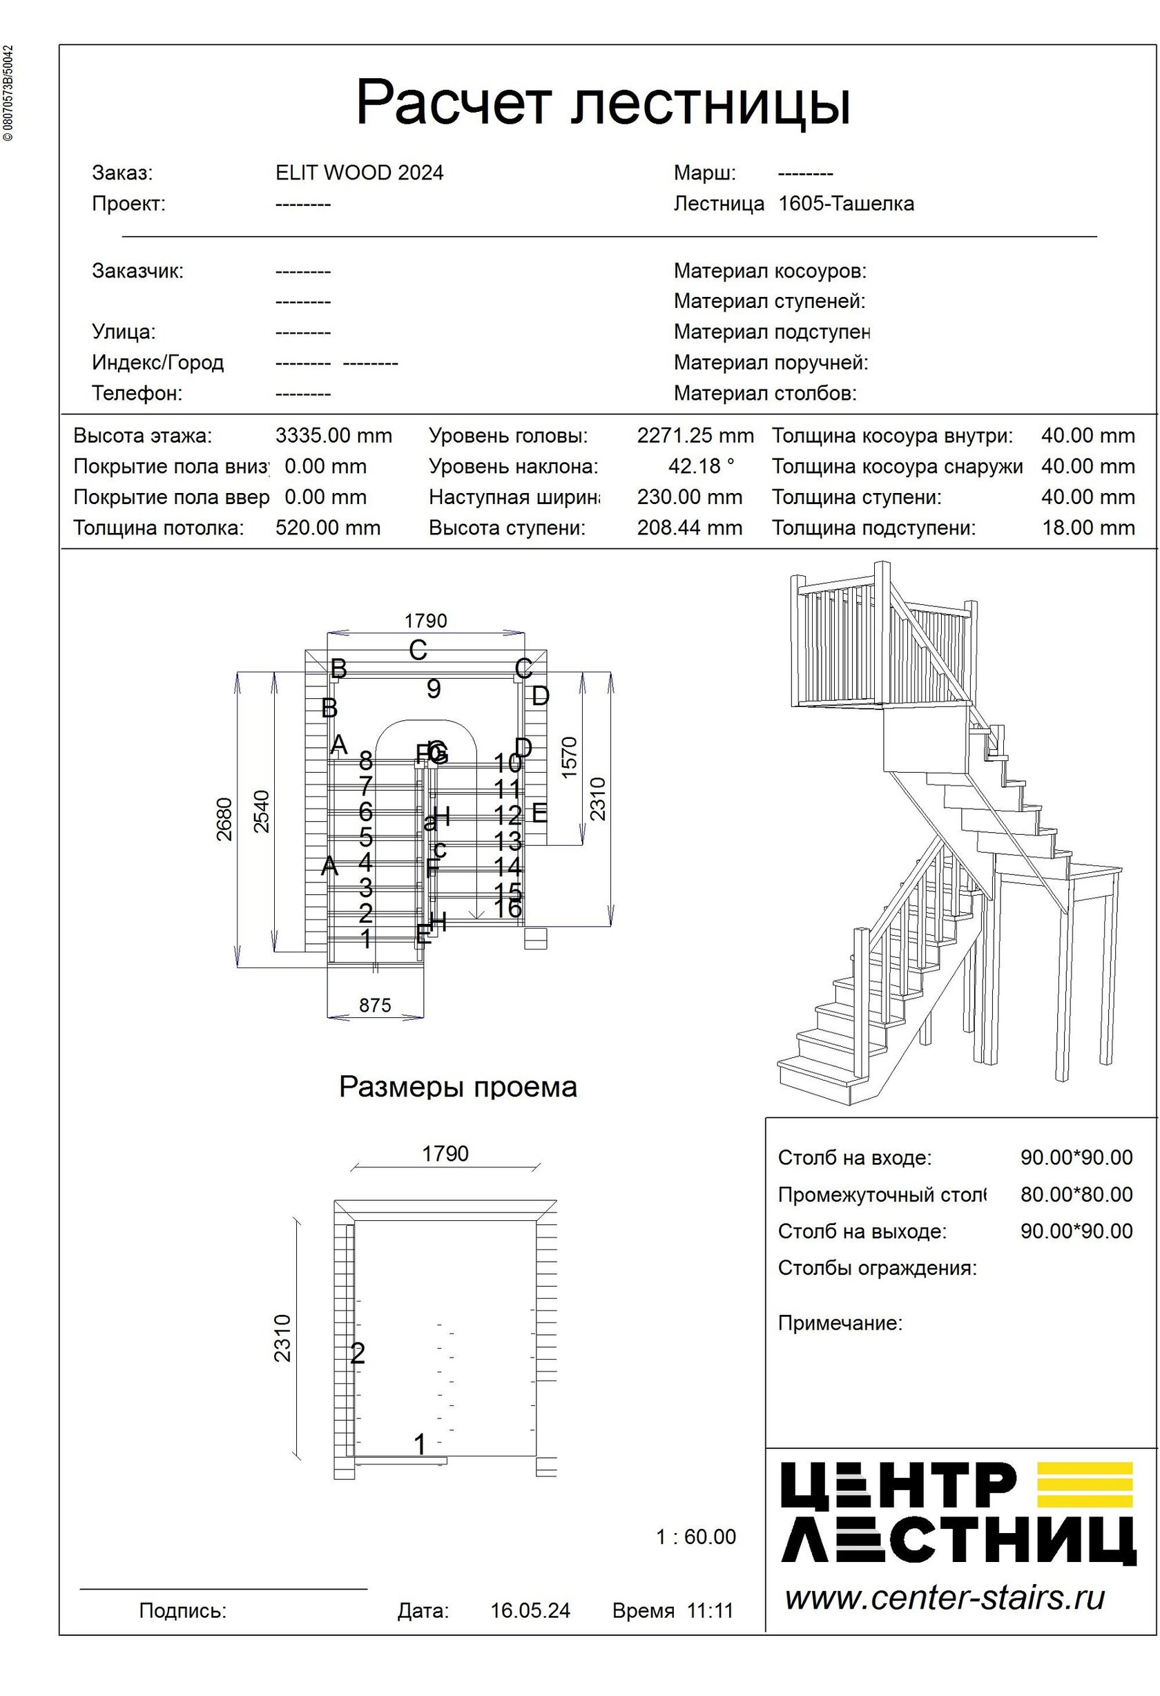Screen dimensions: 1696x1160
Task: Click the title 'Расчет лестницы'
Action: [x=603, y=104]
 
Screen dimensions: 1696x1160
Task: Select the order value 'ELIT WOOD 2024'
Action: [x=359, y=173]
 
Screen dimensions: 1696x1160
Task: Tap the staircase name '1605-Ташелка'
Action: [x=846, y=204]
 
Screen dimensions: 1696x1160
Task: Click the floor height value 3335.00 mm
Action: [x=333, y=436]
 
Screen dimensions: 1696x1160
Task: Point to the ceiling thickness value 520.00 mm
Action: [x=327, y=528]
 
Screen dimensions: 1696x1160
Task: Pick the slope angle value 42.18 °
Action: [x=701, y=466]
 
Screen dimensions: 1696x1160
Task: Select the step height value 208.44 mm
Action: [x=689, y=528]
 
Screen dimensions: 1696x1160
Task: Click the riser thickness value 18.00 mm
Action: [x=1087, y=528]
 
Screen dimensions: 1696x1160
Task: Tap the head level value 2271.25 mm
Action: [x=695, y=436]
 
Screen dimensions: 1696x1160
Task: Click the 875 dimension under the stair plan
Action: [x=375, y=1005]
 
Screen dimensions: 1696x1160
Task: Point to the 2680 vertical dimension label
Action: [x=224, y=819]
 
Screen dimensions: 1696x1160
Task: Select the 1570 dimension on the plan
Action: [x=570, y=757]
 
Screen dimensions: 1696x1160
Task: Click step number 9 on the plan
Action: [x=434, y=688]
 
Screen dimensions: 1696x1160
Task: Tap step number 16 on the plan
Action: [x=507, y=909]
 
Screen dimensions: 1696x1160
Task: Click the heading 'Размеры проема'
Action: [x=457, y=1087]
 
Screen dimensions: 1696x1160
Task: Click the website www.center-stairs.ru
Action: [x=944, y=1597]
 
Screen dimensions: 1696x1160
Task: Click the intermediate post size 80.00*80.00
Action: [x=1076, y=1195]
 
